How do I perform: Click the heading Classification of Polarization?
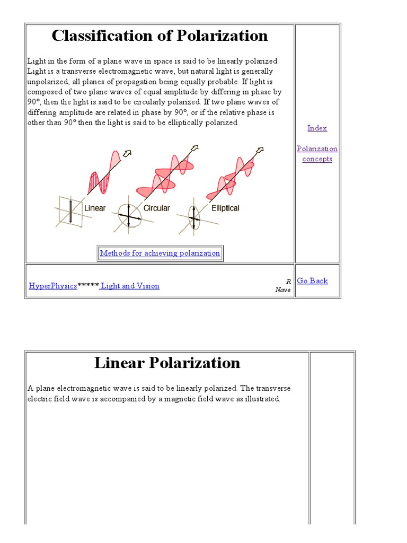(160, 36)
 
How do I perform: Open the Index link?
(317, 128)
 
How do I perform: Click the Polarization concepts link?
(317, 154)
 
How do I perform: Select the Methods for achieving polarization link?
(160, 253)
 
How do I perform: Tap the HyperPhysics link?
(53, 286)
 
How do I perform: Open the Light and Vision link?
(130, 286)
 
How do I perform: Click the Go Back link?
(312, 281)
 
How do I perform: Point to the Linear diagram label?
(95, 208)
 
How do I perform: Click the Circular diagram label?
(156, 208)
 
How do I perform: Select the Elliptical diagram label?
(225, 208)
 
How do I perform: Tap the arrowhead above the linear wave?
(127, 154)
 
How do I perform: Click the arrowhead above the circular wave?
(194, 148)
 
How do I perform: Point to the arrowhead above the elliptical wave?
(260, 150)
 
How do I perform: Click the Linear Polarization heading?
(167, 363)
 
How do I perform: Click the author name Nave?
(283, 290)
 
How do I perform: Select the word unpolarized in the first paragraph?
(46, 82)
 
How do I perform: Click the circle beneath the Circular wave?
(129, 216)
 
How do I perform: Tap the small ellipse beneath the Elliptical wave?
(194, 218)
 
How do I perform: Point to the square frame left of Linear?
(69, 211)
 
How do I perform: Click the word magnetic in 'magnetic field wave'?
(174, 399)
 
